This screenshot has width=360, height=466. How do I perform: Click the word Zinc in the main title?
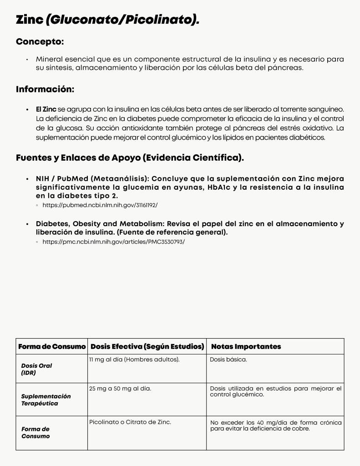click(30, 20)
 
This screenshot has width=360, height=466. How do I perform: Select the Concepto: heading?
click(40, 41)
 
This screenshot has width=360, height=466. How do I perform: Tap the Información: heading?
click(45, 89)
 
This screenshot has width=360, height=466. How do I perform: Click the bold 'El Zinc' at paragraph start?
click(46, 110)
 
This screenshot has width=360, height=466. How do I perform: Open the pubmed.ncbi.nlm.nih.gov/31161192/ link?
click(100, 205)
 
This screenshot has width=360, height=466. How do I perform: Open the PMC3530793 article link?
click(114, 242)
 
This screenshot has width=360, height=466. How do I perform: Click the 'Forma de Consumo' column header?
click(52, 347)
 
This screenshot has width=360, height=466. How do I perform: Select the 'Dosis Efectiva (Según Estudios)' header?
click(147, 347)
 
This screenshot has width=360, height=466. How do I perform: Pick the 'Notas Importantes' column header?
click(246, 347)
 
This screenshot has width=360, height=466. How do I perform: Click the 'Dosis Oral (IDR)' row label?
click(36, 369)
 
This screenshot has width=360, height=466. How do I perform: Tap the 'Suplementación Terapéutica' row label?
click(46, 400)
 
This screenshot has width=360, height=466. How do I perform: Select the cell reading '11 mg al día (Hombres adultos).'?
click(135, 360)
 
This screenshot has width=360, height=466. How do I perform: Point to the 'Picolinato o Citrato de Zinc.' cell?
click(130, 422)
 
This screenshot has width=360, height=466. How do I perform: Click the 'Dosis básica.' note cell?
click(228, 360)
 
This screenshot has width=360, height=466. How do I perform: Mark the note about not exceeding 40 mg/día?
click(275, 425)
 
